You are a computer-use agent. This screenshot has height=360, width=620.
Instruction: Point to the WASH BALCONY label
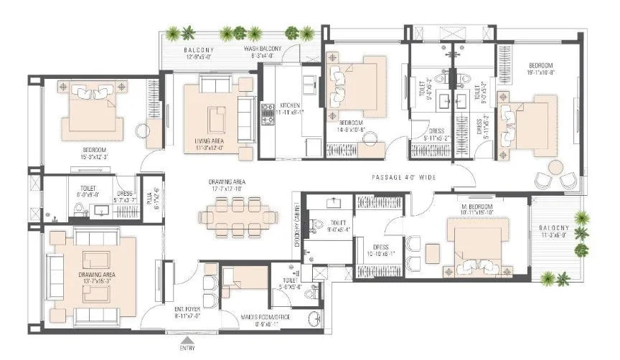coord(262,48)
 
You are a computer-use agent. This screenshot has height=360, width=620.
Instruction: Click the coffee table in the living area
coord(215,115)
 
